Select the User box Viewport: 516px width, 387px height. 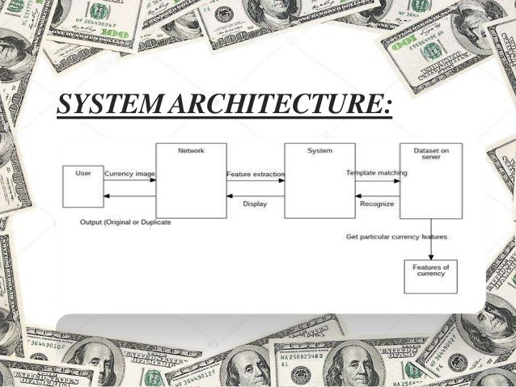coord(83,186)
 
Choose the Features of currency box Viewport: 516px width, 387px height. coord(429,276)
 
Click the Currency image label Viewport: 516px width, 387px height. coord(130,173)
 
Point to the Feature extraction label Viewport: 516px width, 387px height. coord(255,173)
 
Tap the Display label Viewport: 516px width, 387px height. coord(255,204)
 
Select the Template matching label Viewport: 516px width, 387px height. coord(377,173)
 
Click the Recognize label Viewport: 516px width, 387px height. coord(377,204)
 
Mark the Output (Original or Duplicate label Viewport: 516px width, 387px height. coord(125,221)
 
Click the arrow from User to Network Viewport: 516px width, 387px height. coord(129,180)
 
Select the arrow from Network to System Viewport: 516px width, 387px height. coord(255,180)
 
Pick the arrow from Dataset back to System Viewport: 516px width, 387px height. coord(377,196)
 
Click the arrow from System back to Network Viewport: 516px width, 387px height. coord(255,196)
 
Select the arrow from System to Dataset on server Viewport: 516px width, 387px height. coord(377,180)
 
